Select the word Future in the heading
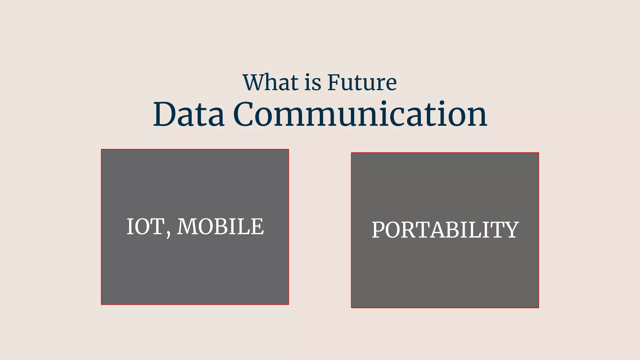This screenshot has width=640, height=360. tap(362, 82)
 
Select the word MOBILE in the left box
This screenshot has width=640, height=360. tap(220, 227)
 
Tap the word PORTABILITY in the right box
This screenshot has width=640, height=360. tap(445, 230)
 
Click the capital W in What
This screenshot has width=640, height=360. tap(255, 82)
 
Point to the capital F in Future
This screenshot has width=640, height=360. tap(334, 82)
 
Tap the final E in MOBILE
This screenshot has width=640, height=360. tap(257, 227)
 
